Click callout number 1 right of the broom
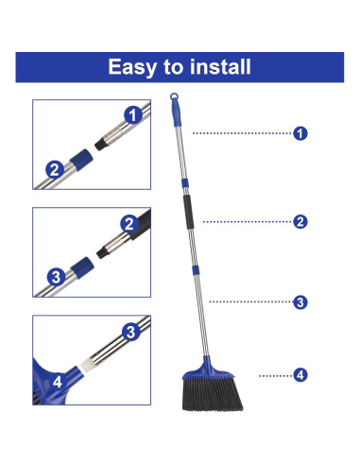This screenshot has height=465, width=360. (300, 133)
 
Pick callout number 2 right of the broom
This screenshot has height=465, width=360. (300, 222)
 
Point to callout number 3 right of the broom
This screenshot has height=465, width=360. (300, 302)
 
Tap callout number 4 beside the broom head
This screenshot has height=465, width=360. (300, 375)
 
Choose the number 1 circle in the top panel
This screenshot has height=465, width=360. (133, 115)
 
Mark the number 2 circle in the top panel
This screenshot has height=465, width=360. (55, 170)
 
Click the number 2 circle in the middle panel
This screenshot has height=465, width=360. (129, 223)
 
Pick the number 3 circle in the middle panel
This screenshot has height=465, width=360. (56, 277)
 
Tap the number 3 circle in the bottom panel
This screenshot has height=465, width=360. (132, 331)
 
